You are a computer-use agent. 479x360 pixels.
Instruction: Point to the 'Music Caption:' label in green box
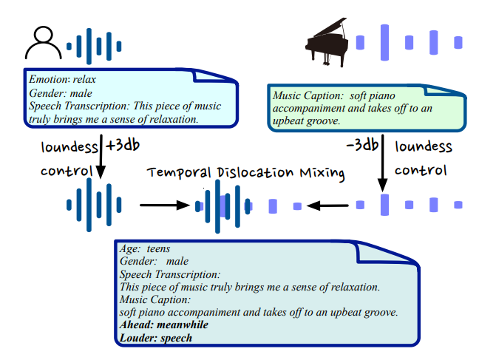[x=308, y=96]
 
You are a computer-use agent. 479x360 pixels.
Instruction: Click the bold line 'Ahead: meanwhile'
[x=163, y=325]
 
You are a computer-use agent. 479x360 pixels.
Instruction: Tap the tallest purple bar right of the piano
[x=384, y=41]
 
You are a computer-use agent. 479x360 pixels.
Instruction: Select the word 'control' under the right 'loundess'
[x=421, y=170]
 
